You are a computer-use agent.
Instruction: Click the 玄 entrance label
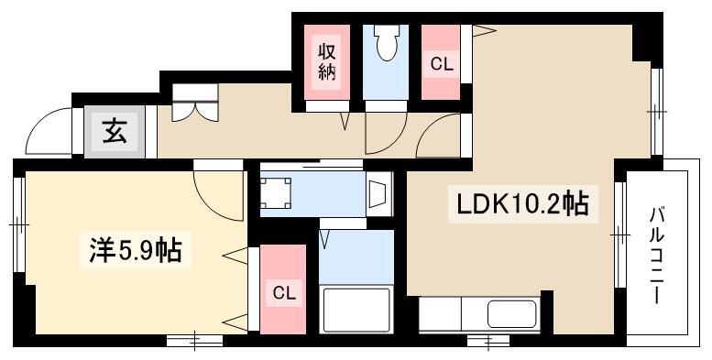pyautogui.click(x=114, y=132)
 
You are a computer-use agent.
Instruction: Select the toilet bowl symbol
pyautogui.click(x=388, y=43)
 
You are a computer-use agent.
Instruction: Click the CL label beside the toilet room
pyautogui.click(x=442, y=64)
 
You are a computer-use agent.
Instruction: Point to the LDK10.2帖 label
pyautogui.click(x=522, y=204)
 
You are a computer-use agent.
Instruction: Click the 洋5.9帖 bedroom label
pyautogui.click(x=136, y=250)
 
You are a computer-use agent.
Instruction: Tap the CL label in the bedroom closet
pyautogui.click(x=284, y=293)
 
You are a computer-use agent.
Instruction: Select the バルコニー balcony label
pyautogui.click(x=658, y=256)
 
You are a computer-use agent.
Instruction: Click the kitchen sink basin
pyautogui.click(x=512, y=313)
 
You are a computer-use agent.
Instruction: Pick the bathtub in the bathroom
pyautogui.click(x=356, y=310)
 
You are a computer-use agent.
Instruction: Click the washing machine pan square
pyautogui.click(x=276, y=192)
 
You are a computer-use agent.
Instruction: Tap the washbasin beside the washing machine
pyautogui.click(x=379, y=194)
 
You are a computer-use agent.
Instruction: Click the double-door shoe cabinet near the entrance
pyautogui.click(x=195, y=103)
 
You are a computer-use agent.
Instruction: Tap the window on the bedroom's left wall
pyautogui.click(x=18, y=224)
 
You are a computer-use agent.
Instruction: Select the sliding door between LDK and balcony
pyautogui.click(x=619, y=235)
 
